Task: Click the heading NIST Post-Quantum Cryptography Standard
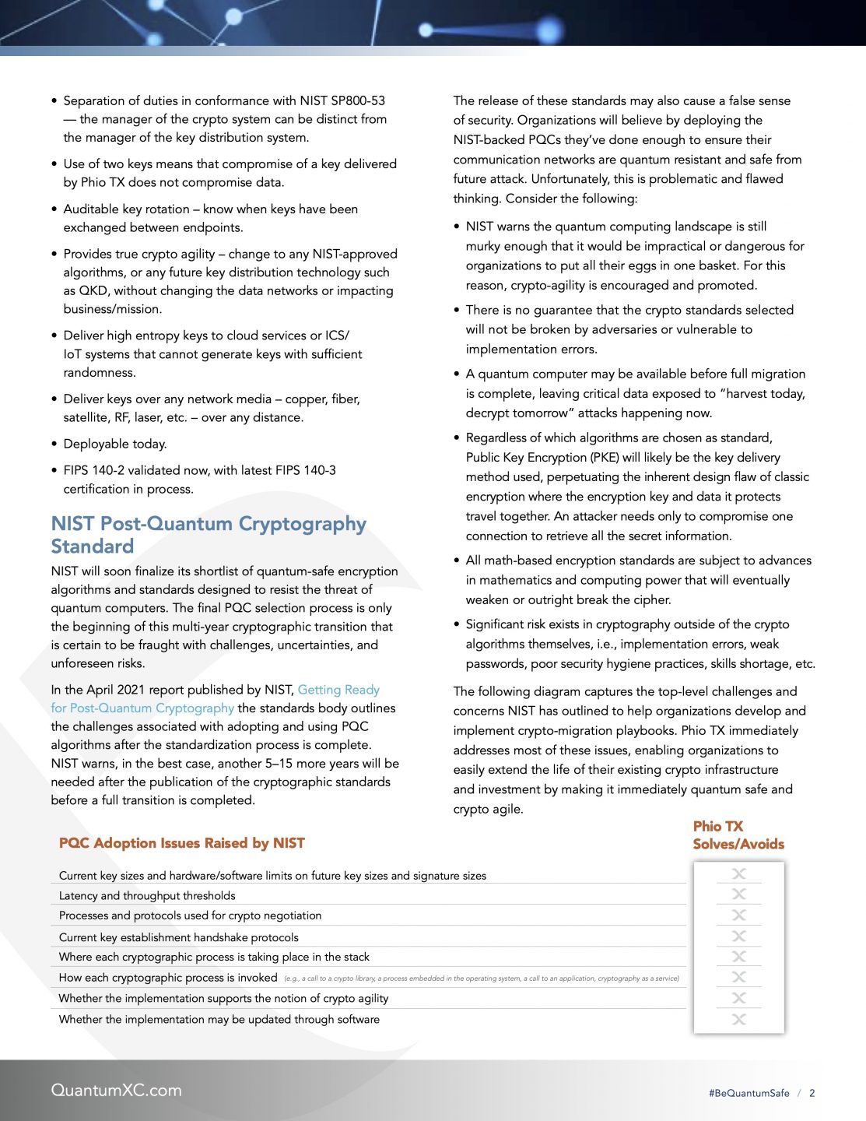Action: (x=209, y=535)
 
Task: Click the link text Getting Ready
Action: (x=338, y=690)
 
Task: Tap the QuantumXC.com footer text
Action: (x=116, y=1090)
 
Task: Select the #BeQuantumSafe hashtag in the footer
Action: (x=749, y=1093)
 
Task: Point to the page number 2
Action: (x=812, y=1093)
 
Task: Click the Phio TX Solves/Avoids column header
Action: (x=738, y=835)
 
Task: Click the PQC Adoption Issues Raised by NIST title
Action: (x=181, y=843)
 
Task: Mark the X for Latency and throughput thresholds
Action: (x=739, y=894)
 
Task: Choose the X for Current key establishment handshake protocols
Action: (x=739, y=936)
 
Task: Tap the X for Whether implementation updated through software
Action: (x=739, y=1019)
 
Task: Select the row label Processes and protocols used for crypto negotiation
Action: (x=190, y=915)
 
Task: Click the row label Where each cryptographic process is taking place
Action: (x=214, y=957)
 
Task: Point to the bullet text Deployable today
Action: (x=115, y=444)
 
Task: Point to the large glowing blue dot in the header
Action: (x=549, y=30)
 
